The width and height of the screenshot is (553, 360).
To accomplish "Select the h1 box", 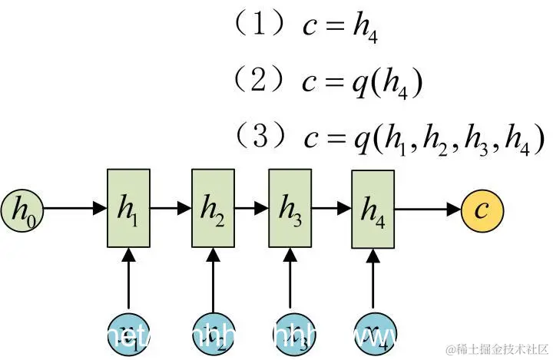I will click(x=127, y=208).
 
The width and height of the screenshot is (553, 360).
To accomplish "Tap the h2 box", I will click(x=213, y=208).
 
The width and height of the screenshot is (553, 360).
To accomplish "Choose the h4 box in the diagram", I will click(x=373, y=208).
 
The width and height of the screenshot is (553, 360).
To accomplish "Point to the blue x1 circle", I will click(x=127, y=332).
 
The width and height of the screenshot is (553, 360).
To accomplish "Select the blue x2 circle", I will click(x=213, y=332).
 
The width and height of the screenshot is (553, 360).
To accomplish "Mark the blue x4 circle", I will click(x=373, y=332).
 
